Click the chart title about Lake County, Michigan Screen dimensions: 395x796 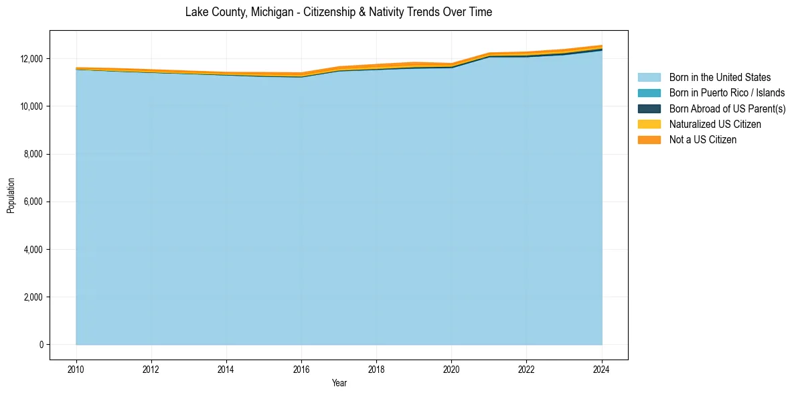pyautogui.click(x=338, y=12)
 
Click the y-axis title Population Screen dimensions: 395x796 pyautogui.click(x=11, y=195)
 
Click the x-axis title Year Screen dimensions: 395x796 pyautogui.click(x=339, y=383)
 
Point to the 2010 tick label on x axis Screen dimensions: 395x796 pyautogui.click(x=76, y=368)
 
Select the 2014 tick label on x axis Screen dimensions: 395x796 pyautogui.click(x=226, y=368)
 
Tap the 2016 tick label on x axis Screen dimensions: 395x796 pyautogui.click(x=301, y=368)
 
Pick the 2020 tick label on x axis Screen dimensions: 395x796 pyautogui.click(x=451, y=368)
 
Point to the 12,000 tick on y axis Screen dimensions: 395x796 pyautogui.click(x=31, y=59)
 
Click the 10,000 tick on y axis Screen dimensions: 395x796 pyautogui.click(x=31, y=106)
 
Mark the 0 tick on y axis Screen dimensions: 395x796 pyautogui.click(x=41, y=345)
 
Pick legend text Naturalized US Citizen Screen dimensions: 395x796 pyautogui.click(x=715, y=125)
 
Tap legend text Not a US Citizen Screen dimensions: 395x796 pyautogui.click(x=702, y=140)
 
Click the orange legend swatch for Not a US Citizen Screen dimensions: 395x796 pyautogui.click(x=649, y=140)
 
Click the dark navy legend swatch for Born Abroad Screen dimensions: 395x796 pyautogui.click(x=649, y=108)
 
